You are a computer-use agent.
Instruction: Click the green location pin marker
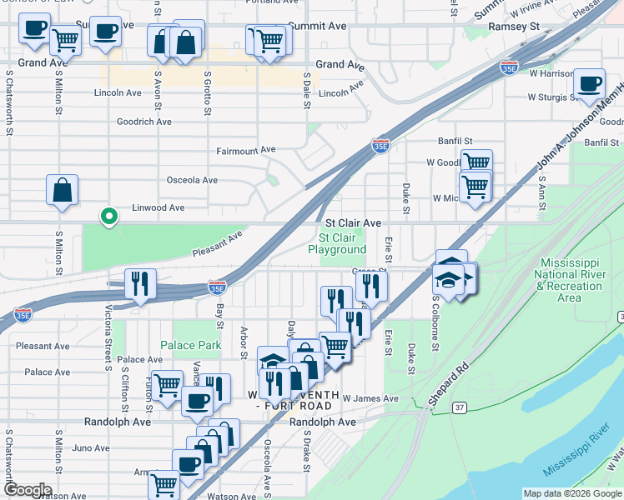108,217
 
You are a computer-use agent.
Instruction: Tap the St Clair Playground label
337,243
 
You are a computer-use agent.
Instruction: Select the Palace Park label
191,345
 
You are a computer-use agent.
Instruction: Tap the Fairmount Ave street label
246,150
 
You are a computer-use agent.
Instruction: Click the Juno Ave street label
91,447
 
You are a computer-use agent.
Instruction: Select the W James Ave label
370,399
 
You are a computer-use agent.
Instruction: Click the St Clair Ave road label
353,223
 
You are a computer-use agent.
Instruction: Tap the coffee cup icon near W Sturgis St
590,84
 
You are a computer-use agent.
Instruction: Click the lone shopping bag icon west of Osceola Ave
63,191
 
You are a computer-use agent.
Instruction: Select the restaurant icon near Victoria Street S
140,284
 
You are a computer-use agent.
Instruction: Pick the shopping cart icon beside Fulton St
167,385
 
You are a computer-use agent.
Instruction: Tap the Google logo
28,490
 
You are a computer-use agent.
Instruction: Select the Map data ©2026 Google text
572,493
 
